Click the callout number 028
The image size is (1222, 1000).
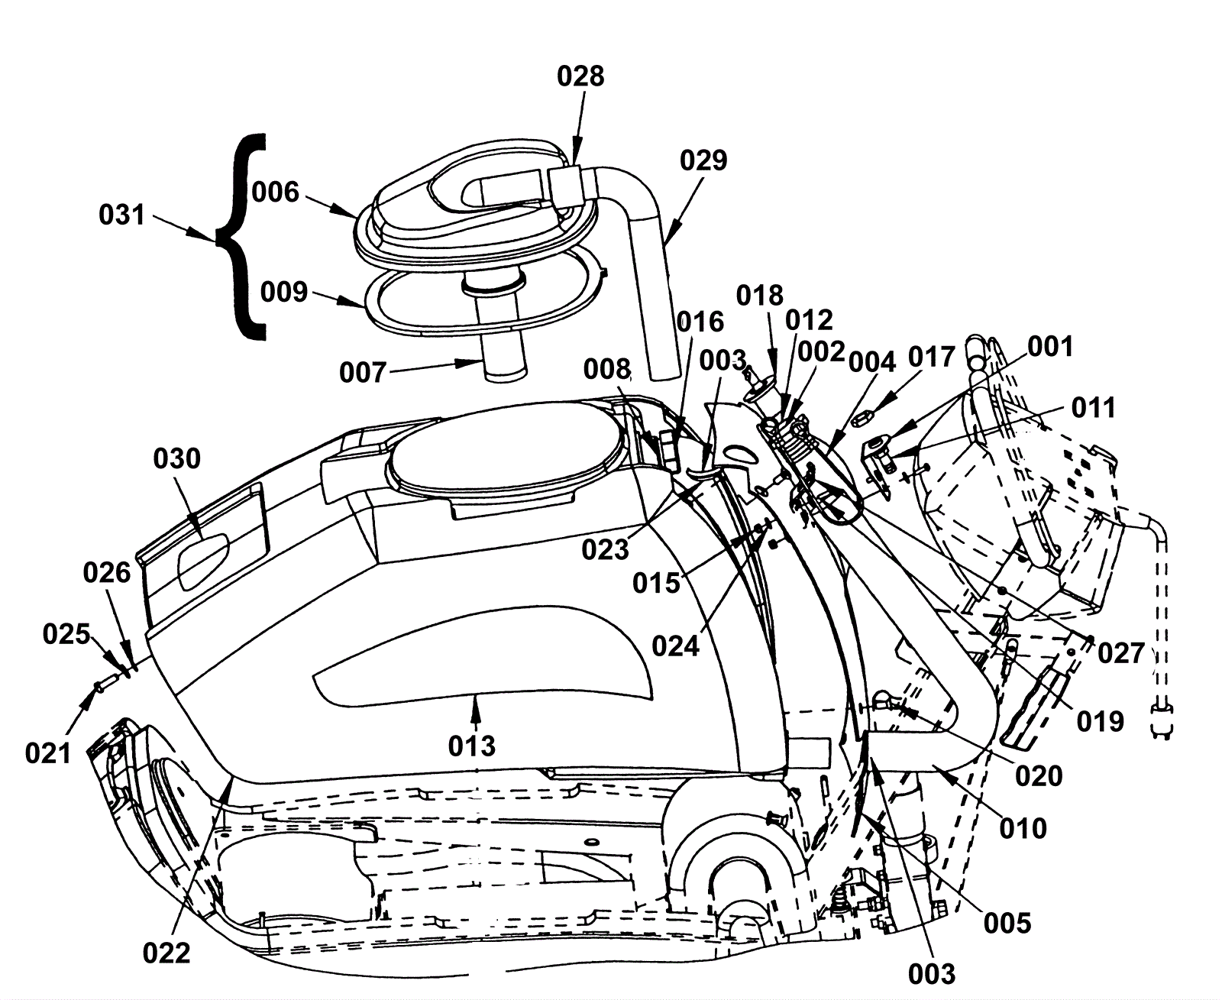[x=580, y=76]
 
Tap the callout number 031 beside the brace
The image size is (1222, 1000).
[x=121, y=215]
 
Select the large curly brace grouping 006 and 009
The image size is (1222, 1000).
[x=241, y=237]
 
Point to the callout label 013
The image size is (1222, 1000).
[x=472, y=746]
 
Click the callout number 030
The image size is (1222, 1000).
[x=176, y=458]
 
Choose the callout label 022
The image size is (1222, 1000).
[x=166, y=953]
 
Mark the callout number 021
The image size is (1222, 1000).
[x=48, y=753]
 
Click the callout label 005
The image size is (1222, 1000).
[x=1007, y=923]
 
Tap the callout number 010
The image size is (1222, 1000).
[x=1023, y=829]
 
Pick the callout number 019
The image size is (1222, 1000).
[x=1101, y=721]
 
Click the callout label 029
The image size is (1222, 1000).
[x=703, y=160]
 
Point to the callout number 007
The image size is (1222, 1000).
[x=363, y=373]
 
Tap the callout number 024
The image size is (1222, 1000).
[x=676, y=646]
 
